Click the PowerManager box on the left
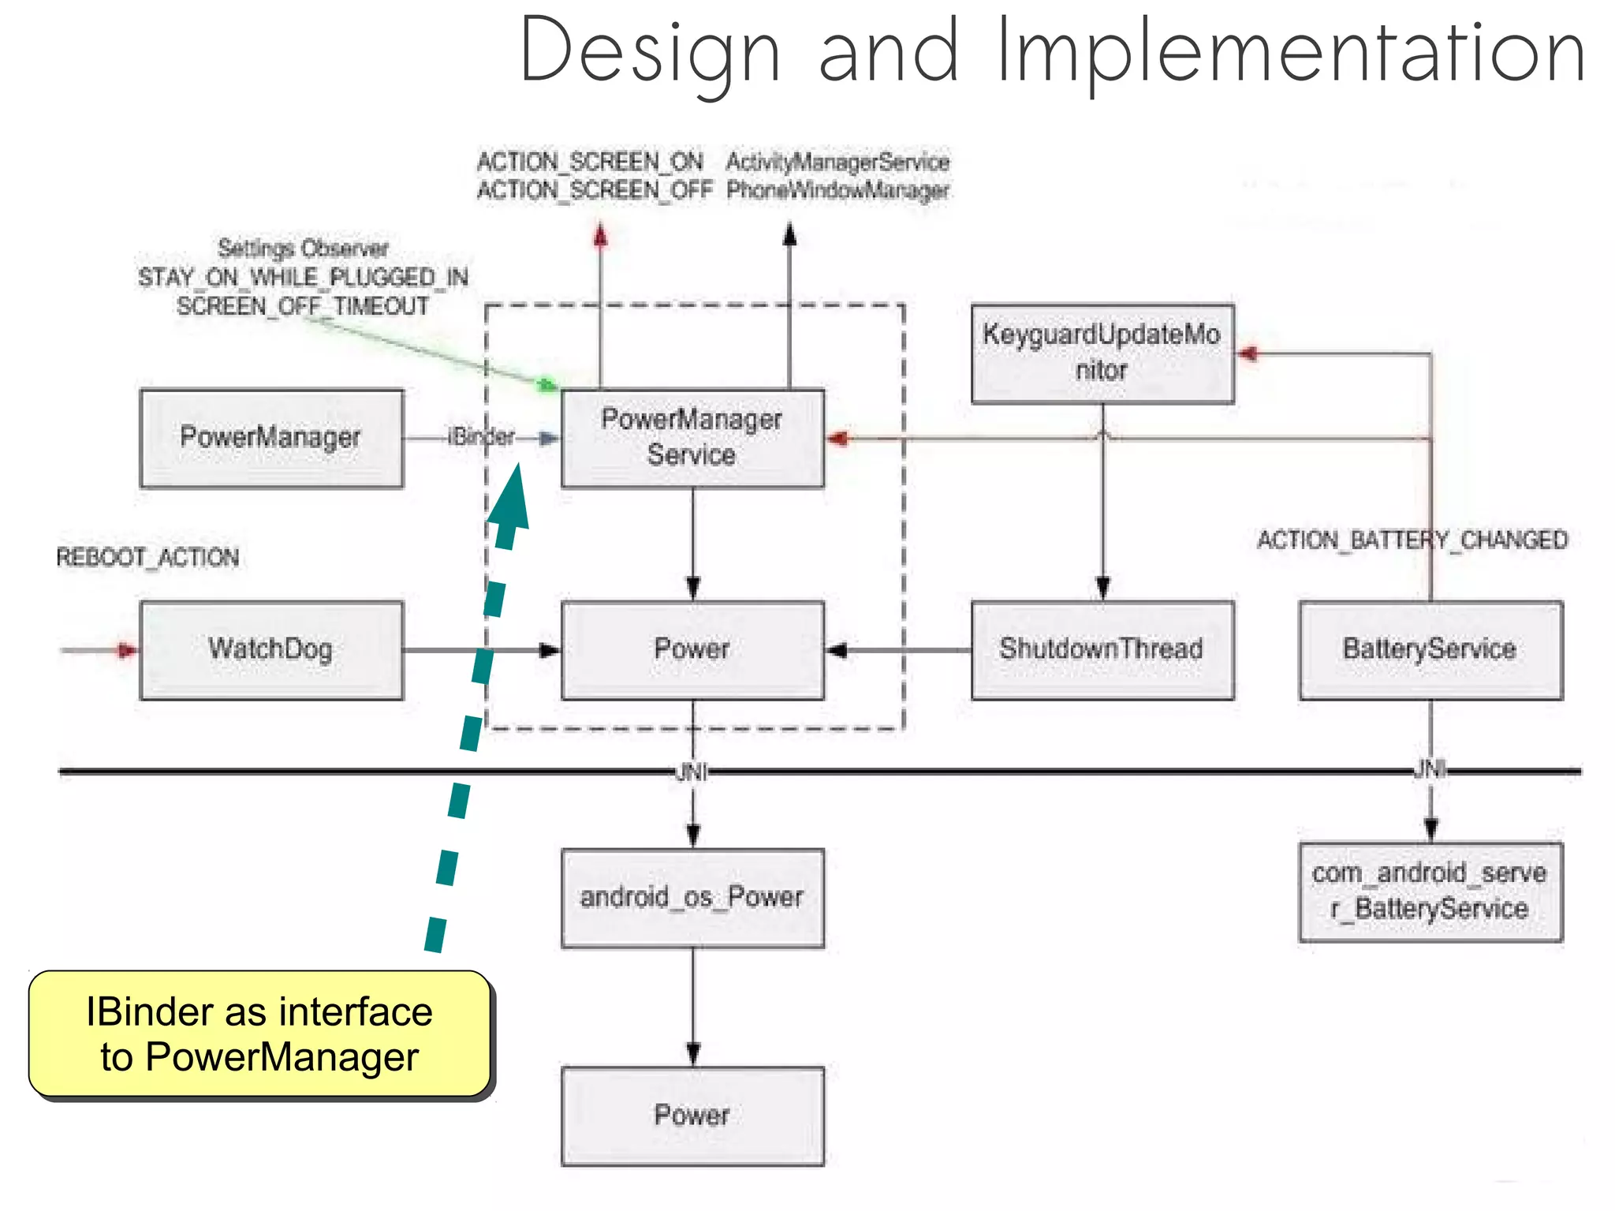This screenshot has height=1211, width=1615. (x=271, y=439)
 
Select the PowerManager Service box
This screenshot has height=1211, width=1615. (x=692, y=439)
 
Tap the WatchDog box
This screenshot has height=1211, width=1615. (x=271, y=650)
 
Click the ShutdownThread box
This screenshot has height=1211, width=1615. (x=1102, y=650)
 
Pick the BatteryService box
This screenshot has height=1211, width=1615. (x=1430, y=650)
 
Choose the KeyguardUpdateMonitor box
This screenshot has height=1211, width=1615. (x=1102, y=353)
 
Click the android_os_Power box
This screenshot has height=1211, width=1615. (x=692, y=898)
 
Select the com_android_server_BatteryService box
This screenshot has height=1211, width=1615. (x=1430, y=892)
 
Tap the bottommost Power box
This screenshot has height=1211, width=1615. (x=692, y=1116)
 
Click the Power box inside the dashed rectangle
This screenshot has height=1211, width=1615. (x=692, y=650)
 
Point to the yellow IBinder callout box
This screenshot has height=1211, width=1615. (x=259, y=1033)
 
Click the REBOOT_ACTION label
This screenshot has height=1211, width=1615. (x=147, y=558)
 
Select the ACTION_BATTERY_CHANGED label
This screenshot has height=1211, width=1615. (x=1412, y=540)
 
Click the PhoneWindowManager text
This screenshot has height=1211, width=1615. (x=837, y=190)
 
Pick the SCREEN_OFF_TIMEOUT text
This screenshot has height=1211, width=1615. (x=303, y=306)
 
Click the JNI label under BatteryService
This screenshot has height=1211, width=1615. (x=1430, y=768)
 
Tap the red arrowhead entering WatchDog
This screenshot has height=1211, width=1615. (x=127, y=650)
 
